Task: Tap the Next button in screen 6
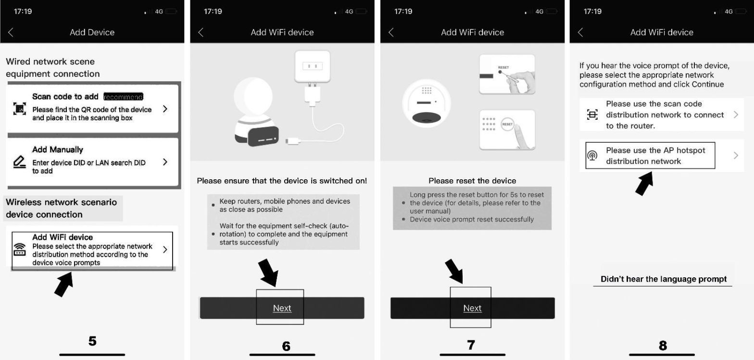point(282,308)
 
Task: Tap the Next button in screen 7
point(472,308)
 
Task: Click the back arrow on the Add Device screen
point(11,32)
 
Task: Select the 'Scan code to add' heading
point(65,97)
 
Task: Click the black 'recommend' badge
point(124,97)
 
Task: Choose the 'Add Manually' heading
point(58,149)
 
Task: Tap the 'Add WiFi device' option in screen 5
point(92,250)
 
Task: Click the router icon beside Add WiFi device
point(20,249)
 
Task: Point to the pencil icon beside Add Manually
point(19,162)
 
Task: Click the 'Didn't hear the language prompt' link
point(663,279)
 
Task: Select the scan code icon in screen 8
point(592,114)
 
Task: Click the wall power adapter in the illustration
point(312,67)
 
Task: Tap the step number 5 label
point(92,341)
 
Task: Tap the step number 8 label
point(663,345)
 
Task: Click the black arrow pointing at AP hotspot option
point(645,183)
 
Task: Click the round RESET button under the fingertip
point(507,124)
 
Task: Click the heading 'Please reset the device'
point(472,181)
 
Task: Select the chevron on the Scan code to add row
point(165,109)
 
